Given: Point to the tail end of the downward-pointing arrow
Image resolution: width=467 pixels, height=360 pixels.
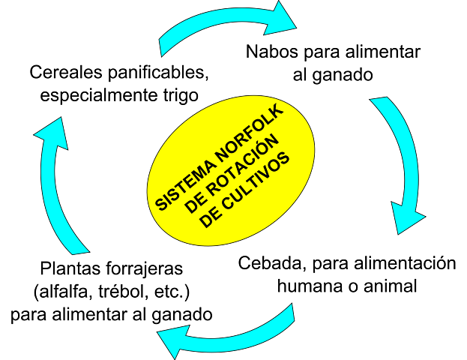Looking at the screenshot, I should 379,104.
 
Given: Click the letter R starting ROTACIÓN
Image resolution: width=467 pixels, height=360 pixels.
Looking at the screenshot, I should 213,193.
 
